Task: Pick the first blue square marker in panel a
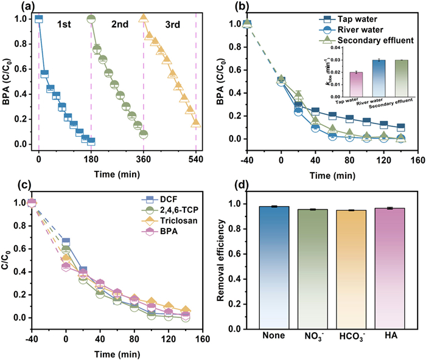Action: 39,19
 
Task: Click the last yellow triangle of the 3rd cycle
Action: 196,123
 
